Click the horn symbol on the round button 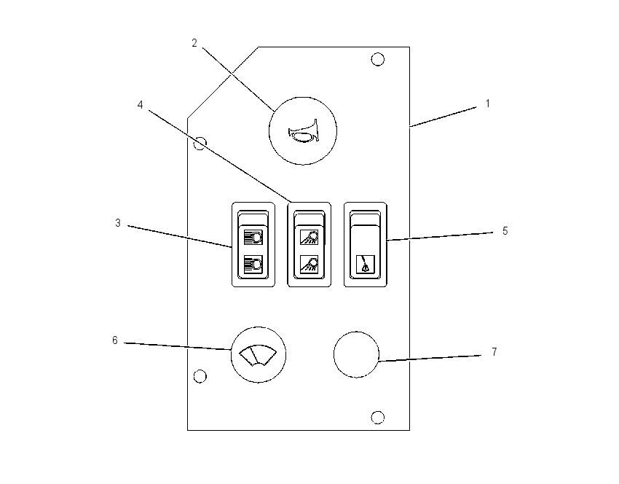303,131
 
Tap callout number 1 487,104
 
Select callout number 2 194,43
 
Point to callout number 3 118,223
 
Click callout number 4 140,105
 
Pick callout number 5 505,231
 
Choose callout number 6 115,340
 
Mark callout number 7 494,352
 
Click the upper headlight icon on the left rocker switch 253,238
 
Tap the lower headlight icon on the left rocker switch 253,262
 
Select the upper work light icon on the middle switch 309,237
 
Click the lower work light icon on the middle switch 309,263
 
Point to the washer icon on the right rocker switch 365,264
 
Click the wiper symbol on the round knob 259,355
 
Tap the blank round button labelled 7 356,355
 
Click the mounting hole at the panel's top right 378,59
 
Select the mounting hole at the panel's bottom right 378,417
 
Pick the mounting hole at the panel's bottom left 200,376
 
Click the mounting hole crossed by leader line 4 200,144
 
